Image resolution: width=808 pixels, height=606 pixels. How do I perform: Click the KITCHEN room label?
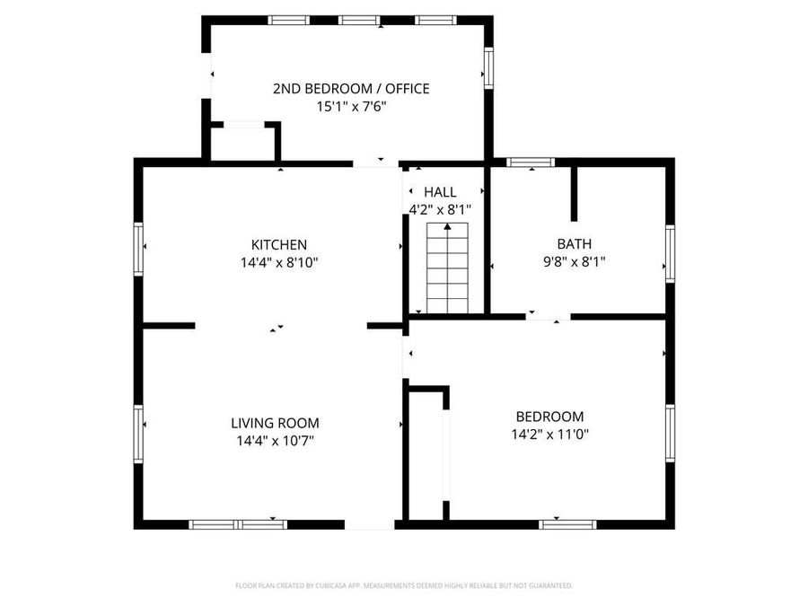click(x=279, y=244)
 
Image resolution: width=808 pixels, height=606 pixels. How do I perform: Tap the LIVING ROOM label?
click(x=275, y=423)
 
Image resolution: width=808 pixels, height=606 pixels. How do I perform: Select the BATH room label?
click(x=575, y=243)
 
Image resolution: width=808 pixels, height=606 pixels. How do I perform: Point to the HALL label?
click(x=440, y=192)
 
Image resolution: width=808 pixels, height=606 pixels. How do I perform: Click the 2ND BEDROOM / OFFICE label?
click(x=351, y=88)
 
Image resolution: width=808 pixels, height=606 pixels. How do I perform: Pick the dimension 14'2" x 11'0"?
click(x=549, y=435)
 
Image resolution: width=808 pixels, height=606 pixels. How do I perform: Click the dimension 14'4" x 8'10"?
click(x=279, y=263)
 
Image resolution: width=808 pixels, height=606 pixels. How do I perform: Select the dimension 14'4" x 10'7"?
click(x=275, y=441)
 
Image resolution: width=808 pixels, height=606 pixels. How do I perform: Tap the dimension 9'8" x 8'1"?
click(x=575, y=262)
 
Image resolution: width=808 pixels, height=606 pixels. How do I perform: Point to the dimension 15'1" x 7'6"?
click(x=351, y=106)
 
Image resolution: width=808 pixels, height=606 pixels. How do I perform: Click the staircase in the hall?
click(x=447, y=269)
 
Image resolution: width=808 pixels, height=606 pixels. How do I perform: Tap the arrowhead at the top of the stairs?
click(x=447, y=229)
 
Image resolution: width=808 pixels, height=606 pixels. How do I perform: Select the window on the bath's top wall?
click(x=530, y=162)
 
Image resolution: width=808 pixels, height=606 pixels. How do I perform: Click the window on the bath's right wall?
click(x=670, y=254)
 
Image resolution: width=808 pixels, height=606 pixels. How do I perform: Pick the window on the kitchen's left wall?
click(x=139, y=248)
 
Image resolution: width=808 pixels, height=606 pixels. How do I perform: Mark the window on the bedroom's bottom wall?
click(x=567, y=523)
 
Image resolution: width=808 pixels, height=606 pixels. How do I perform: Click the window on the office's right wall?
click(x=489, y=67)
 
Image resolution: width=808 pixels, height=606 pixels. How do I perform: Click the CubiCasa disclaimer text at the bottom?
click(x=404, y=585)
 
